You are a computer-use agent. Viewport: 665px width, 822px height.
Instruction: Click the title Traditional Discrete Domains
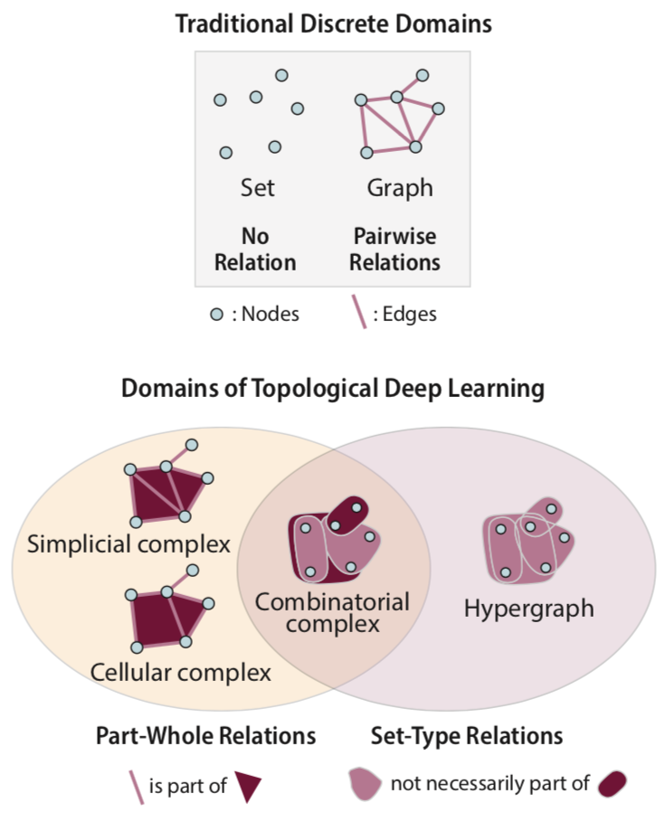[x=333, y=24]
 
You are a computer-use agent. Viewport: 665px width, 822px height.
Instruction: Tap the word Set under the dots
[x=257, y=188]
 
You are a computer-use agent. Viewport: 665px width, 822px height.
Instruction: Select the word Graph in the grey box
[x=399, y=188]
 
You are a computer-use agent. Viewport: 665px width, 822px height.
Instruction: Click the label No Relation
[x=255, y=250]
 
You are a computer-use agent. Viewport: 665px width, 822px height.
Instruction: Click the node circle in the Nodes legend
[x=216, y=314]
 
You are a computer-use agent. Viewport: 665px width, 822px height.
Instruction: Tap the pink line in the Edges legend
[x=358, y=314]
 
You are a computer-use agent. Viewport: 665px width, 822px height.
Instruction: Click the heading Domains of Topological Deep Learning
[x=333, y=390]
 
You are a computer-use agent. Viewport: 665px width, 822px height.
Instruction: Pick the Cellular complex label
[x=180, y=672]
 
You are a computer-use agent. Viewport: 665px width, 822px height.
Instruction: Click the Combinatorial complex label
[x=331, y=612]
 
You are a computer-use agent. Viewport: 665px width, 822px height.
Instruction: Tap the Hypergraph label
[x=528, y=608]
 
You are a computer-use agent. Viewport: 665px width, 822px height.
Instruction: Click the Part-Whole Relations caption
[x=205, y=735]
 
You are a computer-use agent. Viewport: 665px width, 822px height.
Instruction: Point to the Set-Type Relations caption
[x=467, y=735]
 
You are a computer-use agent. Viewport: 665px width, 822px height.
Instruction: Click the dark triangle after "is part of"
[x=248, y=785]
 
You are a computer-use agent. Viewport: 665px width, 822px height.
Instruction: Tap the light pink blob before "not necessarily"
[x=366, y=783]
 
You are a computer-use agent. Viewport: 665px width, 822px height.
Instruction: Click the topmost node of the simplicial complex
[x=192, y=444]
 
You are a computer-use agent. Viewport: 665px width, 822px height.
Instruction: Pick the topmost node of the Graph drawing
[x=422, y=76]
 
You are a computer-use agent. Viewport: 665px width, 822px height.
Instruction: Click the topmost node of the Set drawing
[x=281, y=75]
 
